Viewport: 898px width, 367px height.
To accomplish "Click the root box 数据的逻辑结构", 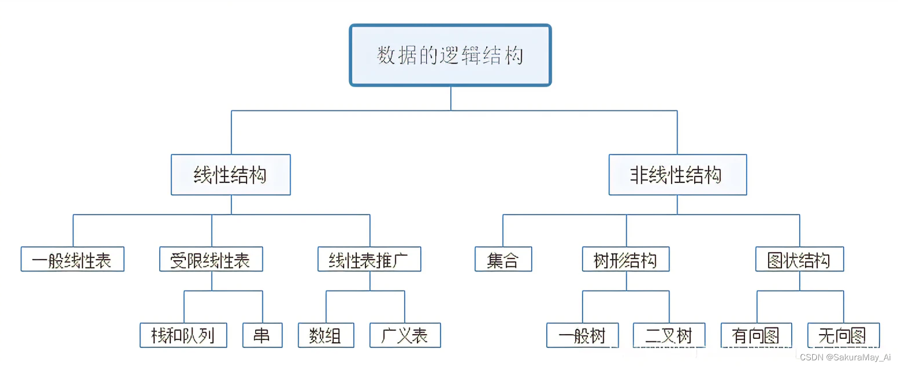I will tap(450, 55).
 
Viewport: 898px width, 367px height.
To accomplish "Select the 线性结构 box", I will tap(231, 175).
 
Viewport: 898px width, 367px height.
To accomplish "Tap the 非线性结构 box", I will tap(677, 175).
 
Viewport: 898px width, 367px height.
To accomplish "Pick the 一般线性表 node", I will tap(72, 260).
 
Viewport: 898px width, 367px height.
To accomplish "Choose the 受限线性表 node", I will tap(211, 260).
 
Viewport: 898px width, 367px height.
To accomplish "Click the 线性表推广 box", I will tap(369, 260).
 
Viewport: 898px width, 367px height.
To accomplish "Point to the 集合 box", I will tap(503, 260).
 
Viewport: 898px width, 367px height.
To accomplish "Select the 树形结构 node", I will tap(625, 260).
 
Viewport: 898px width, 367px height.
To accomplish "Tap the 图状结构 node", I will tap(799, 260).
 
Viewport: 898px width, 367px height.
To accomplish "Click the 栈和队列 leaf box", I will tap(183, 336).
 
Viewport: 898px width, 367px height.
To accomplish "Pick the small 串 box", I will tap(262, 336).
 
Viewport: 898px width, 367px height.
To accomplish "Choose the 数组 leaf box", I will tap(326, 336).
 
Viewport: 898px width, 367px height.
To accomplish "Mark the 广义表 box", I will tap(405, 336).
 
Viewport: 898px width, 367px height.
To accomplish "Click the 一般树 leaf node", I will tap(582, 336).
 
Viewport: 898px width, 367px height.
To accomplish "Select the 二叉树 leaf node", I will tap(669, 336).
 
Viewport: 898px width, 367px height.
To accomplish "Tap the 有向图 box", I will tap(756, 336).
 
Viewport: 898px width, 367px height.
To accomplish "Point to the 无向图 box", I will tap(843, 336).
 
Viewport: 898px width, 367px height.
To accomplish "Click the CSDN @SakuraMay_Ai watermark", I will tap(845, 357).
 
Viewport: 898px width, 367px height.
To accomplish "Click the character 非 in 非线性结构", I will tap(639, 175).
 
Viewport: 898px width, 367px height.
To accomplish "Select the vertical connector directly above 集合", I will tap(503, 231).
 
